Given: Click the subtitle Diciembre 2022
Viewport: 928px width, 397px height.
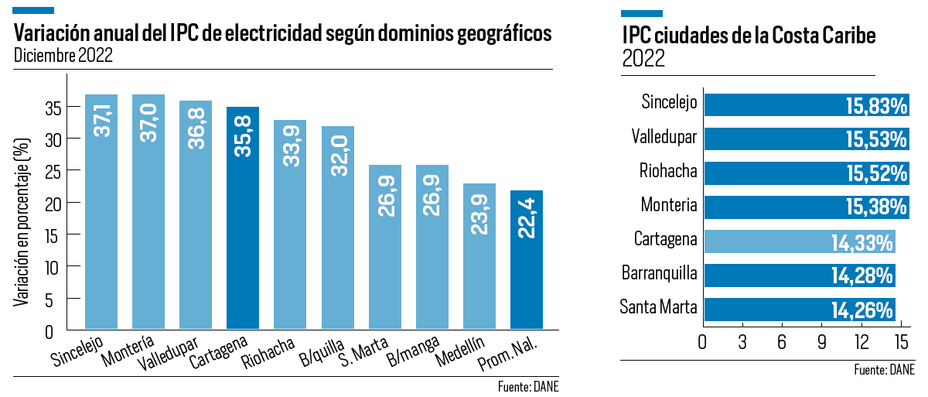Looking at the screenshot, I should pyautogui.click(x=63, y=56).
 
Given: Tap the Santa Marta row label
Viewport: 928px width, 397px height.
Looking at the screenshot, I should pyautogui.click(x=659, y=307).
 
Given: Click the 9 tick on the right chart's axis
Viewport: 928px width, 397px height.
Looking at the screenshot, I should pyautogui.click(x=821, y=342).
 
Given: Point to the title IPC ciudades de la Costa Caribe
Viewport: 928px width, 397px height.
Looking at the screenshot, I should pyautogui.click(x=749, y=37).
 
